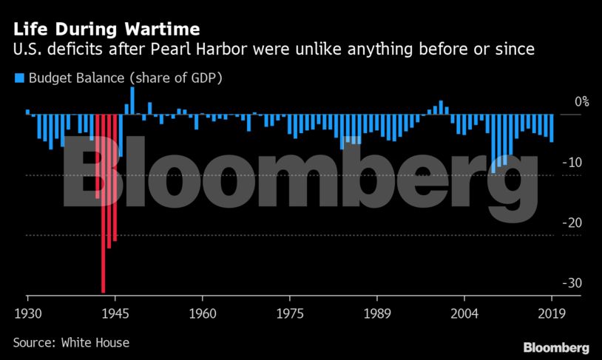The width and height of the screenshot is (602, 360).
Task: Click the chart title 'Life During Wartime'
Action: click(x=104, y=31)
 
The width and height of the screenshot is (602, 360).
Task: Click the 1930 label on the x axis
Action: click(x=27, y=312)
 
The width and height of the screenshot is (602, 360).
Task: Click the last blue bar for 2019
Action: click(x=552, y=128)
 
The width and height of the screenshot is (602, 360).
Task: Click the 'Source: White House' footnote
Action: click(x=71, y=342)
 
